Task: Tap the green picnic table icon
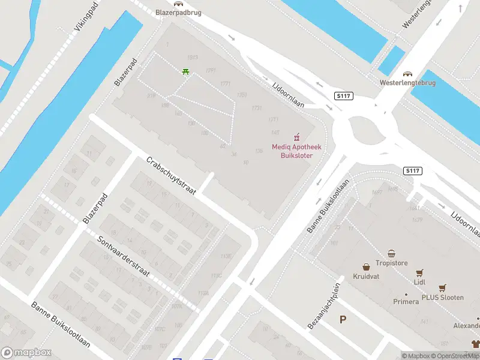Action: pos(186,71)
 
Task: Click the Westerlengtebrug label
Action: pos(407,82)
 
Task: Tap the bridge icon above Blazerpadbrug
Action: pos(178,3)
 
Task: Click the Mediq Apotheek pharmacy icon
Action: pos(295,137)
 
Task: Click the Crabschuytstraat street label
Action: pos(171,175)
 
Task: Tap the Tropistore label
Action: pos(391,263)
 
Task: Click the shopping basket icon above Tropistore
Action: pos(391,253)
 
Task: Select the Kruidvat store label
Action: pos(365,277)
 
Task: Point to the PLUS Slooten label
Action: pos(442,298)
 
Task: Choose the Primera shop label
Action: pos(406,301)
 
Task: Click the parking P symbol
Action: pos(343,319)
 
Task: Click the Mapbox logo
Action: pos(27,353)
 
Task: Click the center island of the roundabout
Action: pos(368,128)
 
